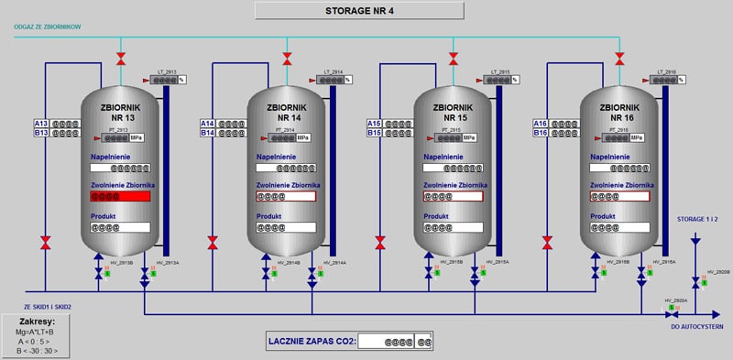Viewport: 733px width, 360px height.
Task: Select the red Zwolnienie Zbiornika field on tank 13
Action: pyautogui.click(x=120, y=196)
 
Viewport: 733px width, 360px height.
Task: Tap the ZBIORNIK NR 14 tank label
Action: pyautogui.click(x=288, y=113)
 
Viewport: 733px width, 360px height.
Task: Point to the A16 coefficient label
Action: pyautogui.click(x=542, y=124)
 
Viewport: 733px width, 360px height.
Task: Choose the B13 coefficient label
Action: pyautogui.click(x=41, y=133)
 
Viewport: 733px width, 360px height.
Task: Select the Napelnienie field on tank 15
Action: pyautogui.click(x=454, y=168)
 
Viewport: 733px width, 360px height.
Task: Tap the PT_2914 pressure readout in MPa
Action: pyautogui.click(x=293, y=138)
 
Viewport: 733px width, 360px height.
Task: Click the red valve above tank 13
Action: pyautogui.click(x=120, y=60)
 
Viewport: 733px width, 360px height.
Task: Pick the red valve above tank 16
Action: pyautogui.click(x=620, y=60)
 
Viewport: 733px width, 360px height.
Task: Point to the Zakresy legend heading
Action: pyautogui.click(x=38, y=322)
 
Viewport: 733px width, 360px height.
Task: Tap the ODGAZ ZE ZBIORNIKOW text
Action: pyautogui.click(x=48, y=27)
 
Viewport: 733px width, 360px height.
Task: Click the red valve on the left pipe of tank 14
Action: pyautogui.click(x=213, y=243)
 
